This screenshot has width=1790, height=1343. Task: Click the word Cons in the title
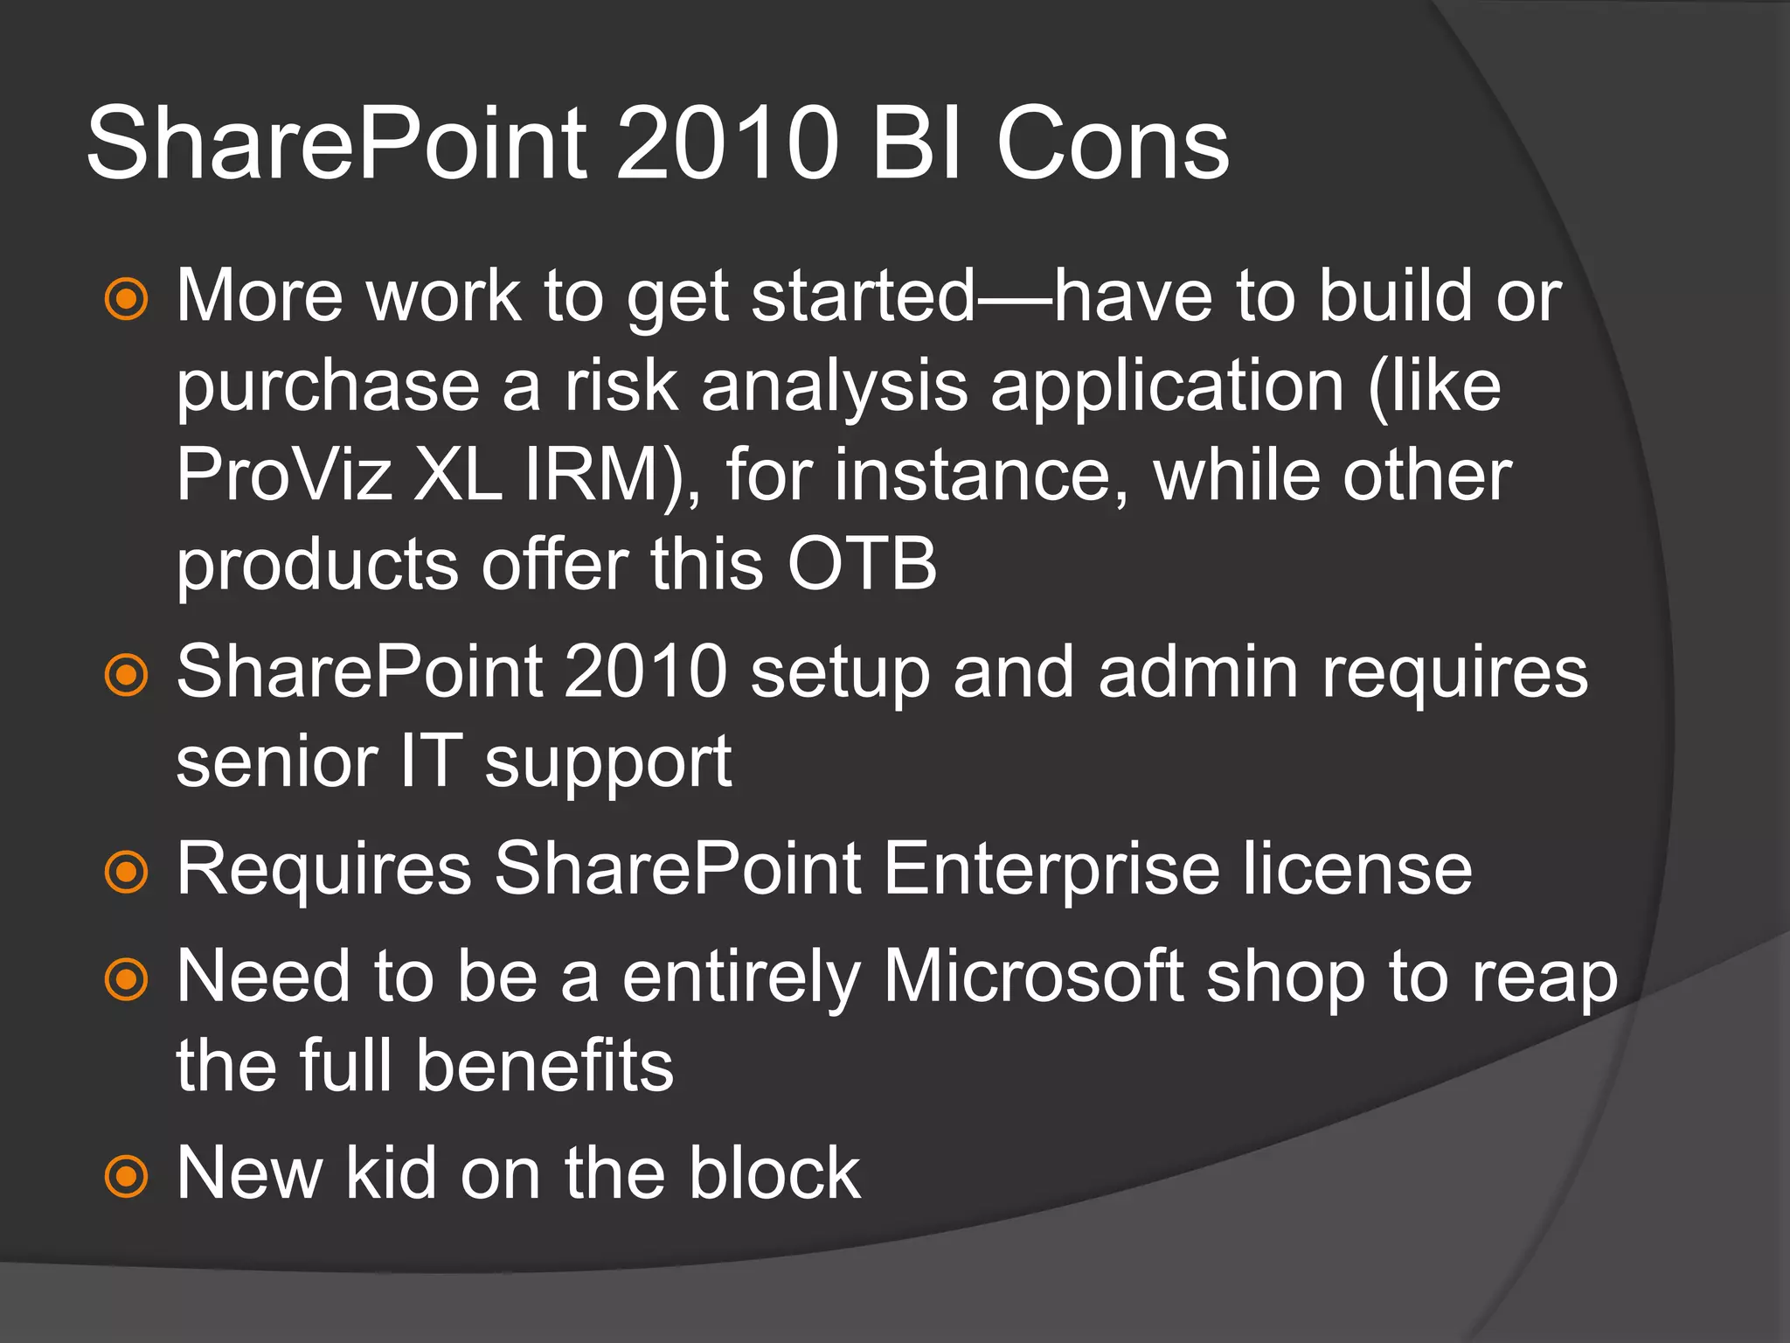[x=1112, y=143]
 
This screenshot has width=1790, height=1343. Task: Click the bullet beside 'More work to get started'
[x=127, y=299]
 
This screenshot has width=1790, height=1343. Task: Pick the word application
[x=1167, y=389]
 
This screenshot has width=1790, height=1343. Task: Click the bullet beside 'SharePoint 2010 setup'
[x=127, y=675]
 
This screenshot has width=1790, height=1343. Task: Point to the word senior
[x=276, y=762]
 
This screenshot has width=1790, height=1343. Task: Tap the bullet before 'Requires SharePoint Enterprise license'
[x=127, y=872]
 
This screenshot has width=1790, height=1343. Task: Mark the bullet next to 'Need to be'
[x=127, y=980]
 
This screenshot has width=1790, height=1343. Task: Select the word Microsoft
[x=1033, y=978]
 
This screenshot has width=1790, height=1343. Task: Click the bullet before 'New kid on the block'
[x=127, y=1177]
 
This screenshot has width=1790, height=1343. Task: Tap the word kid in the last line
[x=391, y=1174]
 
